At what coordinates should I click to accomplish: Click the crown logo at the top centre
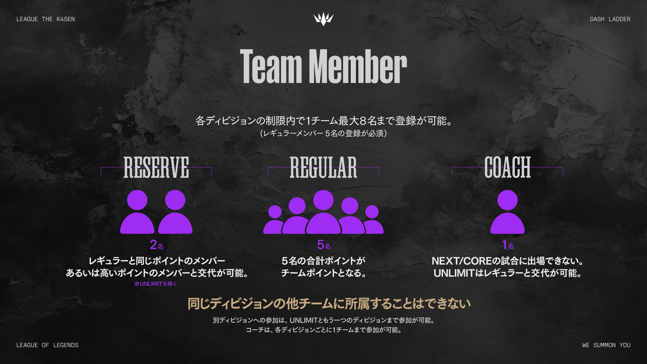pos(323,19)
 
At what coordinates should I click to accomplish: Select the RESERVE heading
pos(156,168)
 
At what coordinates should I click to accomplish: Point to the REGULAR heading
pos(323,168)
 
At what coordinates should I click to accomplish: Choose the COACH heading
pos(507,168)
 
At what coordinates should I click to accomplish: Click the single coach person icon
pos(507,212)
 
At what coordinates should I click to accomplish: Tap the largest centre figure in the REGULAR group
pos(323,212)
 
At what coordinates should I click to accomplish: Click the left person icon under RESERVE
pos(137,212)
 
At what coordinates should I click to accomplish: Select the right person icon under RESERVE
pos(175,212)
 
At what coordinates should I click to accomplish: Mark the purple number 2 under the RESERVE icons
pos(154,245)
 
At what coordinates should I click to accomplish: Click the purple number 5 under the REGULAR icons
pos(320,245)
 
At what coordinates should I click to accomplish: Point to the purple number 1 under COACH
pos(504,245)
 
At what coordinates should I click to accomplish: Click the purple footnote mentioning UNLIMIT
pos(155,284)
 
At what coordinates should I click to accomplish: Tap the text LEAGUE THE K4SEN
pos(45,19)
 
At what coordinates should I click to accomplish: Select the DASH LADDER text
pos(610,19)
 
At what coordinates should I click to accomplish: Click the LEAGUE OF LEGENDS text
pos(47,345)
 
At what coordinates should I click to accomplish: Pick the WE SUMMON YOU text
pos(606,345)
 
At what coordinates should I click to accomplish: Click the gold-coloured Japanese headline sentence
pos(329,304)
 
